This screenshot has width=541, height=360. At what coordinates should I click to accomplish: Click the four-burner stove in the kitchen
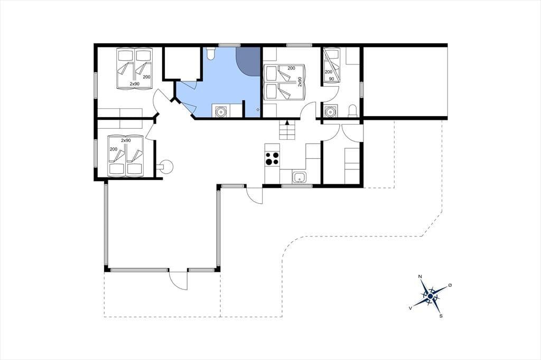click(x=272, y=159)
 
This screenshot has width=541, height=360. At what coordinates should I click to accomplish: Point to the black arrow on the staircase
click(x=287, y=122)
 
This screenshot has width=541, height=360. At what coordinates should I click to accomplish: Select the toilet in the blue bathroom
click(x=210, y=53)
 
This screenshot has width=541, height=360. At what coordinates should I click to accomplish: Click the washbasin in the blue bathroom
click(x=220, y=111)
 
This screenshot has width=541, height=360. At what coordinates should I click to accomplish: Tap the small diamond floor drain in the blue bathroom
click(x=258, y=110)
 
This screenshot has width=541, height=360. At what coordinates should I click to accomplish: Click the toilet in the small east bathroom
click(x=352, y=111)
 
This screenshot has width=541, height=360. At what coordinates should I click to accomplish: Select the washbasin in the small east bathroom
click(x=331, y=111)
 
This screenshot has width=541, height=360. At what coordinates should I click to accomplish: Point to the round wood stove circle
click(x=167, y=167)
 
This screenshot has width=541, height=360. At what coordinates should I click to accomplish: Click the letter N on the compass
click(x=420, y=277)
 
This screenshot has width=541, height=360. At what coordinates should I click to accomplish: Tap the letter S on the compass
click(x=441, y=316)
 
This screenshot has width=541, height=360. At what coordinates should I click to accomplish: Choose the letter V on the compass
click(x=410, y=308)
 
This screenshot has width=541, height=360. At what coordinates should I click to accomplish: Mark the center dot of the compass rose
click(x=430, y=296)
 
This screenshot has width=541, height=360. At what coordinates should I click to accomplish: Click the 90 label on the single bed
click(x=332, y=79)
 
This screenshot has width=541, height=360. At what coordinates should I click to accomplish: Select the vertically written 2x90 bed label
click(x=300, y=82)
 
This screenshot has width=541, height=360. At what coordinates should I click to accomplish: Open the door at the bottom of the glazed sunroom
click(x=178, y=280)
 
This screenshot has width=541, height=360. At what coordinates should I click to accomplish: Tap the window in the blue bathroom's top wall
click(x=229, y=45)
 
